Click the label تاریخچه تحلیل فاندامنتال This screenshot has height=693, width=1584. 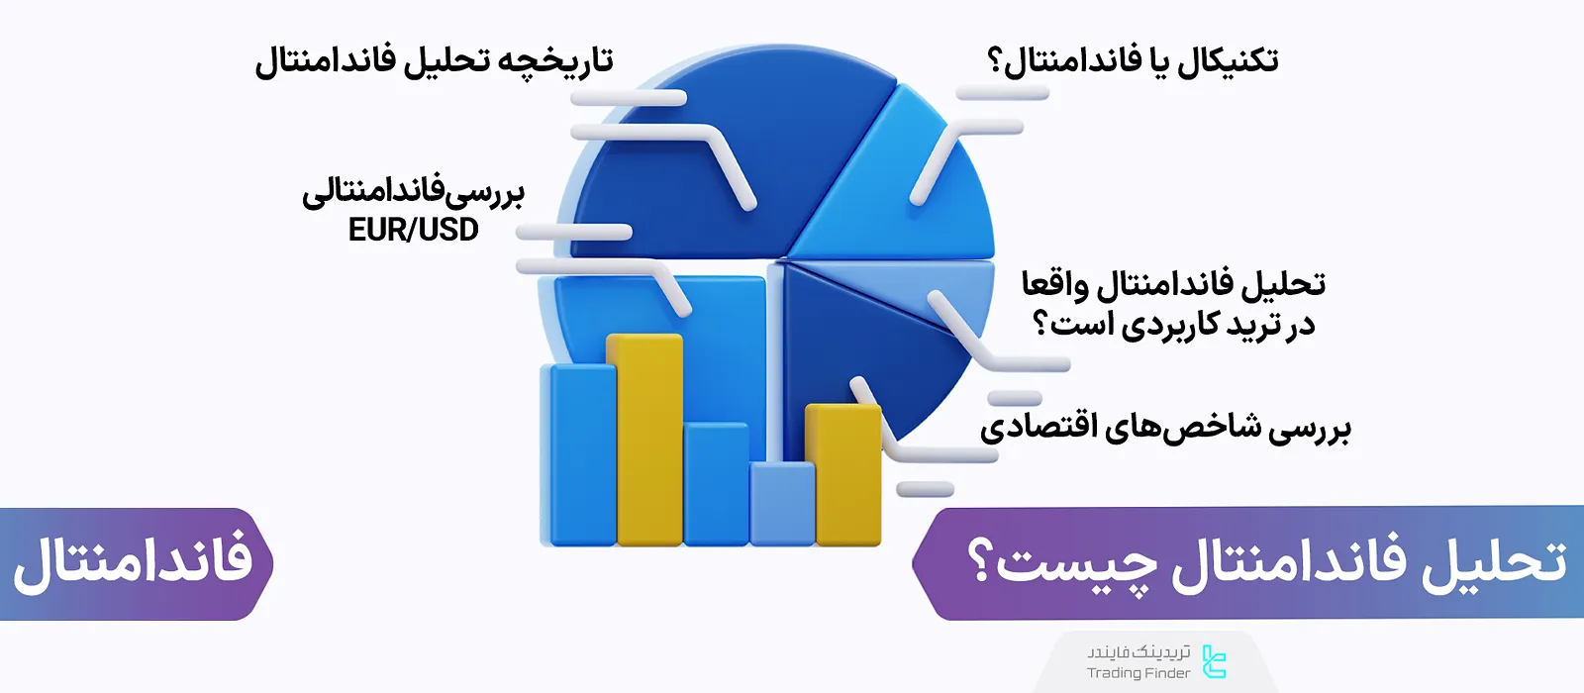point(434,61)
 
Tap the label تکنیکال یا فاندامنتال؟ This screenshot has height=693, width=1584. point(1133,61)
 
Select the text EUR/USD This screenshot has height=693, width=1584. point(413,230)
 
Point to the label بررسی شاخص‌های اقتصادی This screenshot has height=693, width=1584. point(1165,428)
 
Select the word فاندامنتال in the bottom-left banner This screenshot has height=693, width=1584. point(133,562)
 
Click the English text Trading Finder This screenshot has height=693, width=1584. point(1138,673)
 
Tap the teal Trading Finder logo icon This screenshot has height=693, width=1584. point(1214,661)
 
